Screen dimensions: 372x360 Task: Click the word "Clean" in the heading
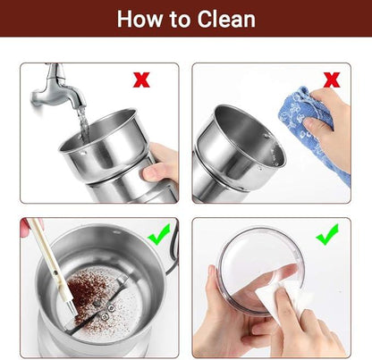tap(226, 19)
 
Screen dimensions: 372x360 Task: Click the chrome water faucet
tap(58, 87)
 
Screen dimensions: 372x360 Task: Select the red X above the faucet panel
tap(141, 80)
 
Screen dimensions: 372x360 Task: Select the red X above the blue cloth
tap(332, 80)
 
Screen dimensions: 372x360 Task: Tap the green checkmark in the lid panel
tap(327, 234)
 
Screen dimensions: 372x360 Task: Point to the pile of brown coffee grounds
tap(88, 293)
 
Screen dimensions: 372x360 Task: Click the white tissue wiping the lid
tap(280, 297)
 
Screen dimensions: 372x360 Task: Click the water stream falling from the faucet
tap(83, 122)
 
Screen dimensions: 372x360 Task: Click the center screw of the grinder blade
tap(96, 304)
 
